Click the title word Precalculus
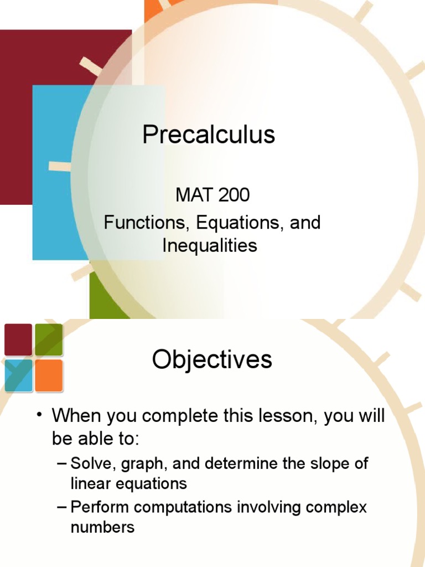(x=209, y=135)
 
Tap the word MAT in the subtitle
(x=191, y=195)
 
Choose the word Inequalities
(x=210, y=245)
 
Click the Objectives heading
(x=212, y=360)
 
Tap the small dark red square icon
(x=18, y=339)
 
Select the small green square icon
(x=49, y=339)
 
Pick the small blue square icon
(x=18, y=375)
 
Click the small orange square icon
(x=49, y=375)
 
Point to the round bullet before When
(x=40, y=416)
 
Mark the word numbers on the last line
(x=102, y=527)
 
